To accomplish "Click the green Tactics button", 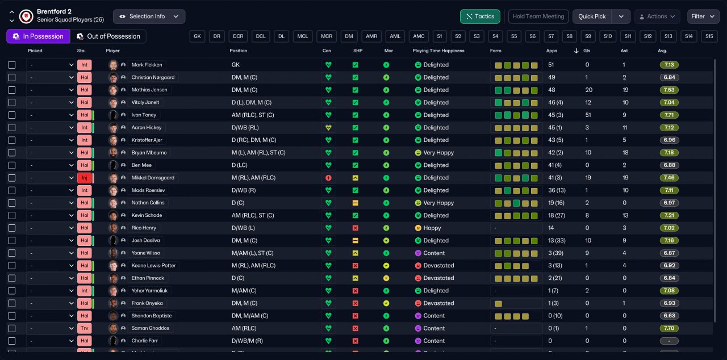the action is pyautogui.click(x=480, y=16).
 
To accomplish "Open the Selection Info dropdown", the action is pyautogui.click(x=149, y=16).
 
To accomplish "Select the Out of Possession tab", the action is pyautogui.click(x=108, y=36).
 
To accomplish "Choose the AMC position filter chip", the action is pyautogui.click(x=419, y=36).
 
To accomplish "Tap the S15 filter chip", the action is pyautogui.click(x=709, y=36).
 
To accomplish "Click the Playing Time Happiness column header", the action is pyautogui.click(x=438, y=51).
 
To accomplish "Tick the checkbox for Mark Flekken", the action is pyautogui.click(x=12, y=65).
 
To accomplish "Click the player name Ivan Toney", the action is pyautogui.click(x=144, y=115).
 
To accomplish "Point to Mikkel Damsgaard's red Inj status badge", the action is pyautogui.click(x=85, y=178).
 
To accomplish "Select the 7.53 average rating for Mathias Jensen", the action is pyautogui.click(x=669, y=90).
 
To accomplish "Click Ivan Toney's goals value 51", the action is pyautogui.click(x=588, y=115).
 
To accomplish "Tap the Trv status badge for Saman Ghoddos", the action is pyautogui.click(x=85, y=328).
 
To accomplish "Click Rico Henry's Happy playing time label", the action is pyautogui.click(x=432, y=228).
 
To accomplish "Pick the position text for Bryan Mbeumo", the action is pyautogui.click(x=258, y=153).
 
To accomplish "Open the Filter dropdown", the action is pyautogui.click(x=703, y=16).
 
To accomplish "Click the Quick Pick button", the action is pyautogui.click(x=592, y=16).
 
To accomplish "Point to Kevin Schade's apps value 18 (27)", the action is pyautogui.click(x=557, y=215).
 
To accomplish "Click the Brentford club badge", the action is pyautogui.click(x=26, y=16).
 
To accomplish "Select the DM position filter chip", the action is pyautogui.click(x=349, y=36).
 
